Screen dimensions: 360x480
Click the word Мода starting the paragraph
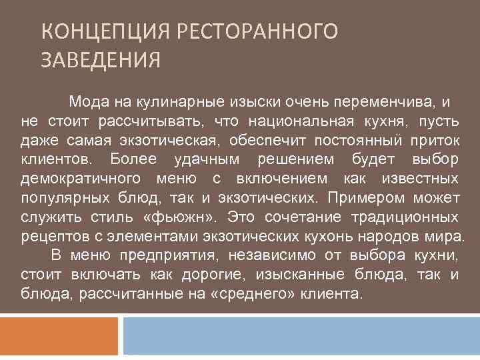85,102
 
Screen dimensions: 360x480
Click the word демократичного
81,179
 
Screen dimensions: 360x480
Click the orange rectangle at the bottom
59,337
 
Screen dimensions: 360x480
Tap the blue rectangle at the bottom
300,337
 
